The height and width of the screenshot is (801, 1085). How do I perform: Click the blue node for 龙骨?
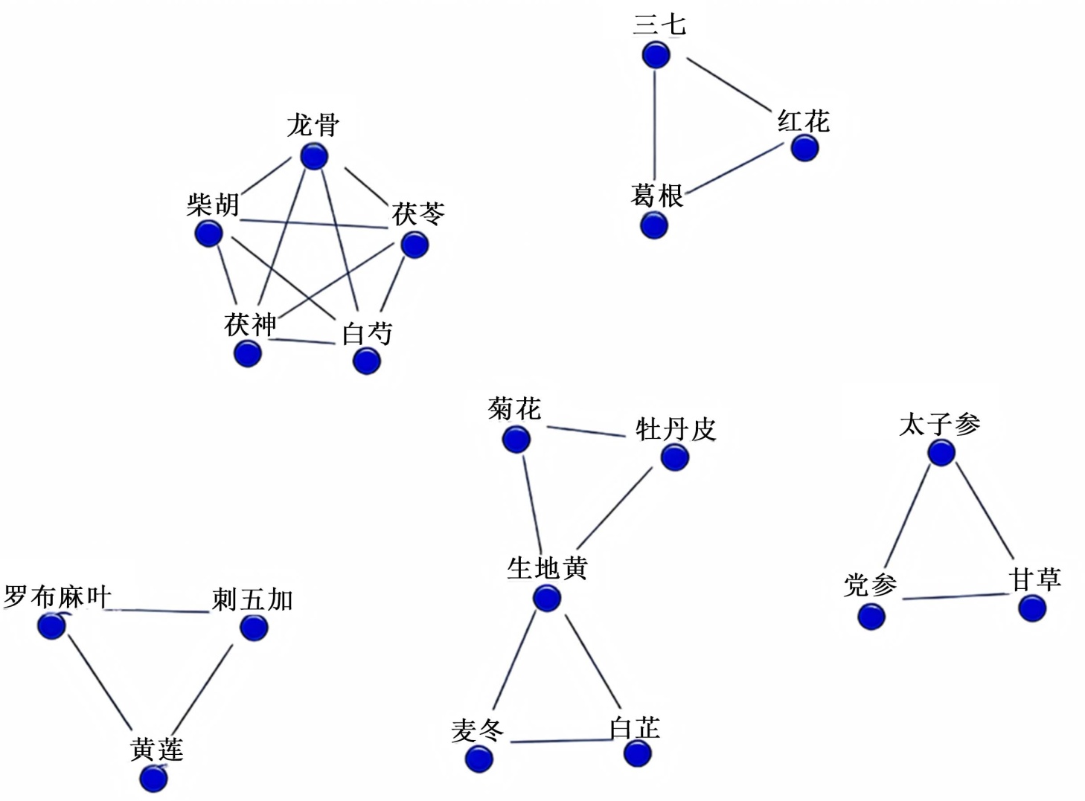(314, 157)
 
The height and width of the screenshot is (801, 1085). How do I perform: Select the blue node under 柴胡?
(209, 234)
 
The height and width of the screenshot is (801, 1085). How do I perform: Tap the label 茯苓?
(418, 214)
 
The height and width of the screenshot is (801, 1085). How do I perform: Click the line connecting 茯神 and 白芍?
(301, 341)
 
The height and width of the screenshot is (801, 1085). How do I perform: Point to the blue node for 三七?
(656, 55)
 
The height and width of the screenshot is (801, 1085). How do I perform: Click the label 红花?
(803, 121)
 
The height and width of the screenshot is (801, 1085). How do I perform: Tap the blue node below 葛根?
(654, 225)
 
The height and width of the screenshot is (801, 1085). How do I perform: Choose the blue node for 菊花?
(516, 439)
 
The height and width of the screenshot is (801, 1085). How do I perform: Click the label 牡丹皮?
(675, 430)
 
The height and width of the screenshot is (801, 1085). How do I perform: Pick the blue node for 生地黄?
(547, 598)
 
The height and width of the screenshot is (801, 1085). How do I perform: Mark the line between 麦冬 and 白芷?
(558, 741)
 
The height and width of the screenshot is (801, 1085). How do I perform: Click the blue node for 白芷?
(638, 753)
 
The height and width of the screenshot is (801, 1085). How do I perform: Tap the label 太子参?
(939, 425)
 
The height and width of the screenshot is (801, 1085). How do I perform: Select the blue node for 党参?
(871, 616)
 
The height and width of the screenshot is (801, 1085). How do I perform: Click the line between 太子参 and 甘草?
(985, 510)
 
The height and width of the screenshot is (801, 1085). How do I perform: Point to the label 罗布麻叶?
(57, 597)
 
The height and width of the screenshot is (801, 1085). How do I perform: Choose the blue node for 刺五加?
(255, 628)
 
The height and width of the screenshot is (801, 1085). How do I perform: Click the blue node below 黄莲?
(153, 779)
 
